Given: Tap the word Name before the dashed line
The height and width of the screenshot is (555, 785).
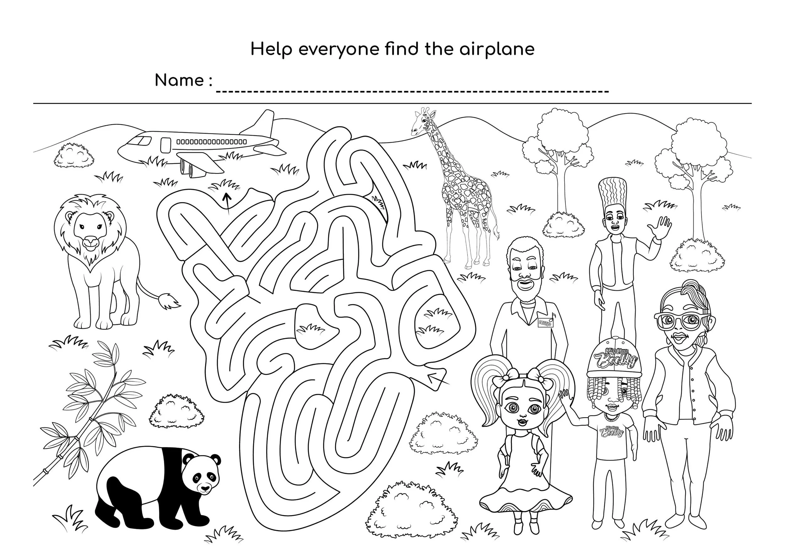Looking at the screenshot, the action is click(x=179, y=81).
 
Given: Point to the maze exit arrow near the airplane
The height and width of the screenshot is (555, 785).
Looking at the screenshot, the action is click(x=226, y=202).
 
